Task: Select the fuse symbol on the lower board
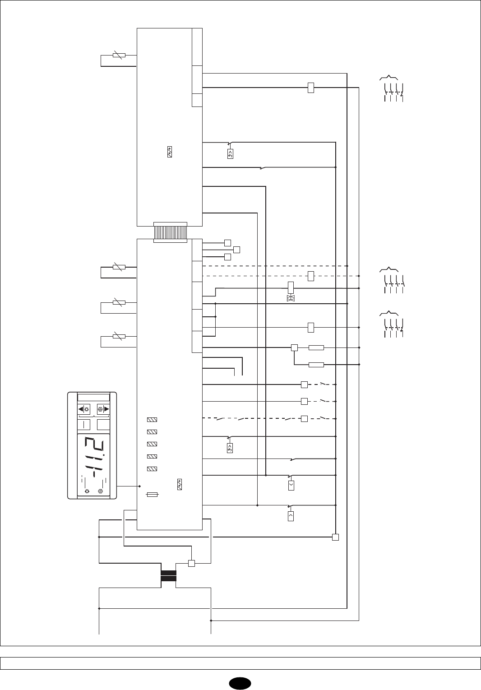(153, 495)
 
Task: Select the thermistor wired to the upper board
(118, 55)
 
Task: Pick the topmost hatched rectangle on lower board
(152, 420)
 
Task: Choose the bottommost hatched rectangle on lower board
(152, 469)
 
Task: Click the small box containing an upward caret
(291, 516)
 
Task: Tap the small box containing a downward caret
(291, 486)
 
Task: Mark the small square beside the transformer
(191, 563)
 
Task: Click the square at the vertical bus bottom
(335, 537)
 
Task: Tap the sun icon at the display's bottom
(87, 491)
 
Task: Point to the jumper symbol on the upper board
(169, 153)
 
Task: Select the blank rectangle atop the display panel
(93, 397)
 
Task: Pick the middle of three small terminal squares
(237, 250)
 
